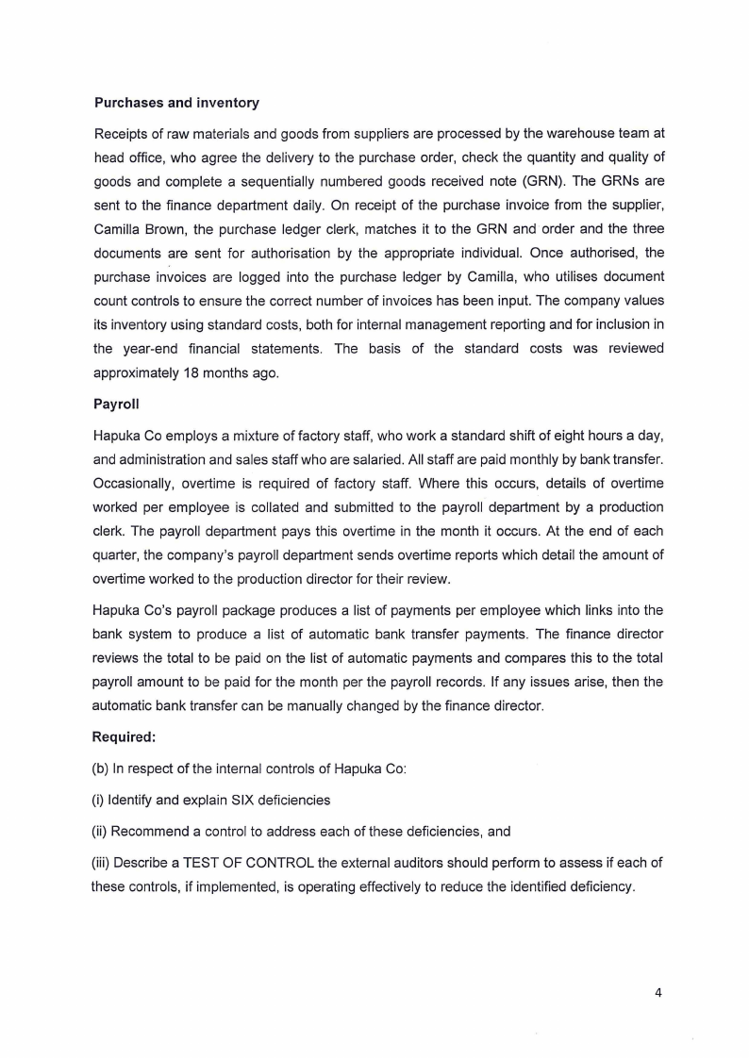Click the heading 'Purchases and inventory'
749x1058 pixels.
click(176, 103)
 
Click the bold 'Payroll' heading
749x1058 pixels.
click(116, 404)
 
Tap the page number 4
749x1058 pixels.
click(658, 991)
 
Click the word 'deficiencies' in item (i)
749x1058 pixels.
click(290, 800)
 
